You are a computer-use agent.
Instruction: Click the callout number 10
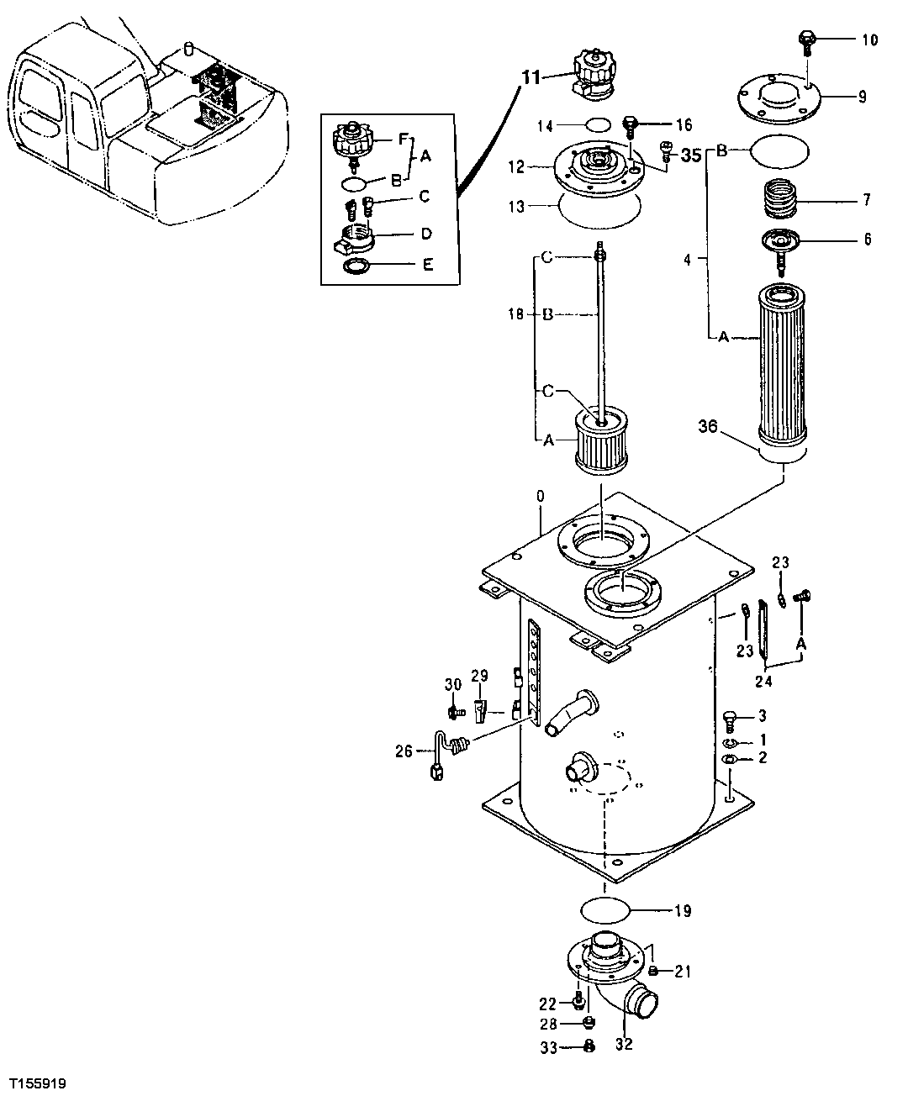(870, 40)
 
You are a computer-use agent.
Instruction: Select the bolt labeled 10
(806, 40)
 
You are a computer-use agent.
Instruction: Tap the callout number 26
(404, 751)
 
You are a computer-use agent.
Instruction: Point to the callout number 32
(624, 1045)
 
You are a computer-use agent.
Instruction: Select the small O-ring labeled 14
(597, 125)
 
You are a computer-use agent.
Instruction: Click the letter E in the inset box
(428, 265)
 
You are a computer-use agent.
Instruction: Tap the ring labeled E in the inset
(357, 266)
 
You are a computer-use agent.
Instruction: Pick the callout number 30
(453, 685)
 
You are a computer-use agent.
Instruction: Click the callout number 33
(549, 1046)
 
